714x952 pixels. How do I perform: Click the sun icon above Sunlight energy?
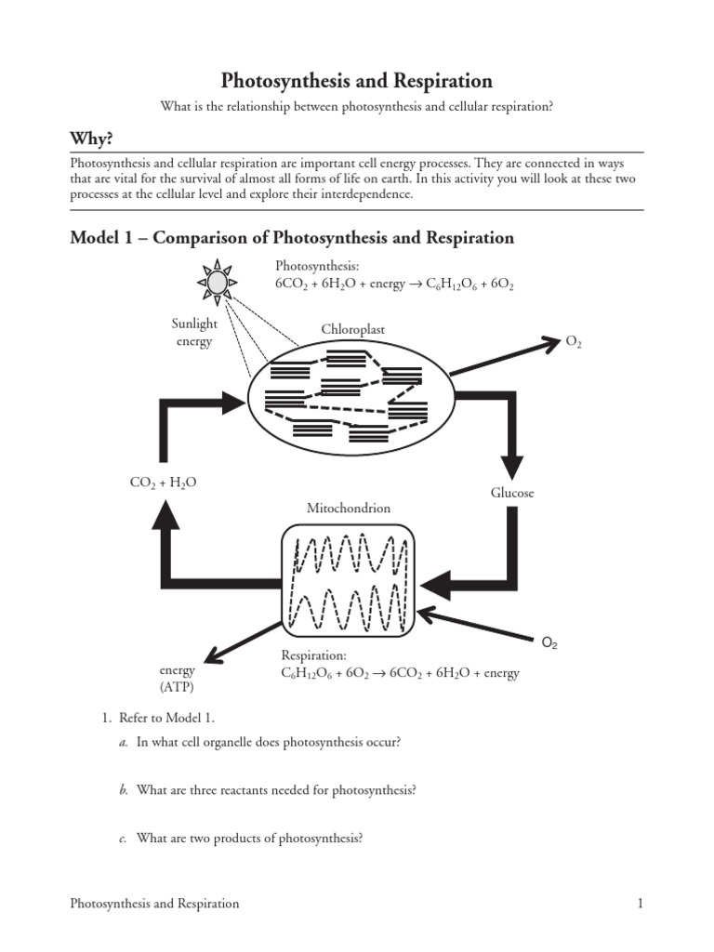pyautogui.click(x=217, y=281)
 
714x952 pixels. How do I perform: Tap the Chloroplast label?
pyautogui.click(x=352, y=329)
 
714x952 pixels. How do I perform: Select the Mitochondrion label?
pyautogui.click(x=349, y=509)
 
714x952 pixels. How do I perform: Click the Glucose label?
pyautogui.click(x=512, y=493)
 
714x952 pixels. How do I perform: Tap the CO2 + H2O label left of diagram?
pyautogui.click(x=164, y=483)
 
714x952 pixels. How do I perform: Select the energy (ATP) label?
pyautogui.click(x=177, y=679)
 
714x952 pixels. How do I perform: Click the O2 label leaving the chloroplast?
pyautogui.click(x=574, y=342)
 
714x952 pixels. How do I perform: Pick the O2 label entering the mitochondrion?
pyautogui.click(x=549, y=642)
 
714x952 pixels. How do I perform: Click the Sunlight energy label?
pyautogui.click(x=193, y=333)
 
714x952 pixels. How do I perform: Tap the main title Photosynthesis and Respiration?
pyautogui.click(x=356, y=81)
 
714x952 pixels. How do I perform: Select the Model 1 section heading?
pyautogui.click(x=292, y=237)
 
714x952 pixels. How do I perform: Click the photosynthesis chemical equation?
pyautogui.click(x=394, y=284)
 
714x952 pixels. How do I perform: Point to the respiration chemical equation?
pyautogui.click(x=400, y=673)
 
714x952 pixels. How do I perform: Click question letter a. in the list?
pyautogui.click(x=123, y=741)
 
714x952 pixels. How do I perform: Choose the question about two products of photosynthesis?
pyautogui.click(x=248, y=838)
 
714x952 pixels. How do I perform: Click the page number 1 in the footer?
pyautogui.click(x=641, y=903)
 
